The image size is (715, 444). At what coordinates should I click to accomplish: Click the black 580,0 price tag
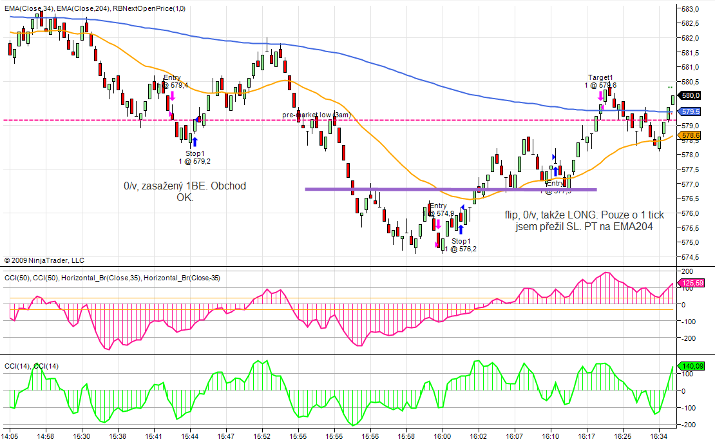coord(691,95)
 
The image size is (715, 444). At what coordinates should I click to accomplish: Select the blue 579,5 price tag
coord(691,111)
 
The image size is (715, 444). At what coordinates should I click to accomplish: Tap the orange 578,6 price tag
coord(691,135)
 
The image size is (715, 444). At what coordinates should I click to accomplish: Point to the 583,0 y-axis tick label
coord(692,8)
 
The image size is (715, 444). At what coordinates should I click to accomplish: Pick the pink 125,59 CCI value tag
coord(693,282)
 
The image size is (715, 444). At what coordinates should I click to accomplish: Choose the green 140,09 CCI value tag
coord(693,366)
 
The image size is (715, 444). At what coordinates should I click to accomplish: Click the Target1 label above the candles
coord(600,77)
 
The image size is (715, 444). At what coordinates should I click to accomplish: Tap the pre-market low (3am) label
coord(316,115)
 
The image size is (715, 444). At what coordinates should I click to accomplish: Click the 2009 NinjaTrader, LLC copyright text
coord(44,260)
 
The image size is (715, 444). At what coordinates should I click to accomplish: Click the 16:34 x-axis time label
coord(659,436)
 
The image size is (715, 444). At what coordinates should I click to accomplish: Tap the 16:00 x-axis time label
coord(441,436)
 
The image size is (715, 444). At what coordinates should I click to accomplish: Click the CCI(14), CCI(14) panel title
coord(32,367)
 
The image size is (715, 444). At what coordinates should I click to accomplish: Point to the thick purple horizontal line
coord(451,189)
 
